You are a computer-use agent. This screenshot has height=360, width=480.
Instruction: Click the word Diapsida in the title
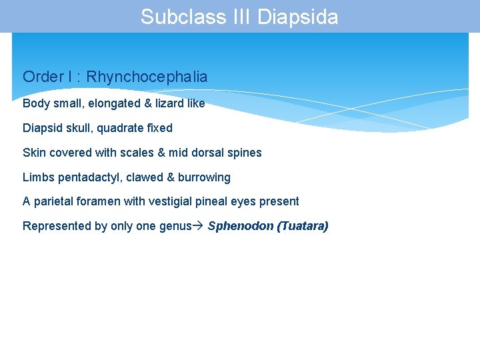tap(298, 17)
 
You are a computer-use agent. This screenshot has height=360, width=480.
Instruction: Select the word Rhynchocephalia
tap(147, 77)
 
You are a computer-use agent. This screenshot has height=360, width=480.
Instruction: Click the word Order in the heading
tap(42, 77)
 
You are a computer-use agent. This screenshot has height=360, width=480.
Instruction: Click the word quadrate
tap(125, 128)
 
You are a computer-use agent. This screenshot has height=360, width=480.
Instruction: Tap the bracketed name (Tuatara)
tap(303, 226)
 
